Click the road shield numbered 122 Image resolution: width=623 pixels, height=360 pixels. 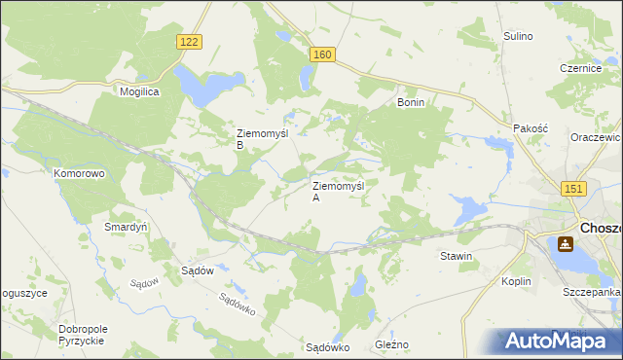click(190, 41)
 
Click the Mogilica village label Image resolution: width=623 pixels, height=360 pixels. click(139, 90)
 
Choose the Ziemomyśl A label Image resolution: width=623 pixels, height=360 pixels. click(337, 191)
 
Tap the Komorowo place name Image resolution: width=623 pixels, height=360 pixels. click(79, 173)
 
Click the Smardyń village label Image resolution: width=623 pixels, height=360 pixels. click(125, 227)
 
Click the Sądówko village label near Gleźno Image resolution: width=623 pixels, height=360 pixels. click(327, 346)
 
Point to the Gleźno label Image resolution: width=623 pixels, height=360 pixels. click(392, 345)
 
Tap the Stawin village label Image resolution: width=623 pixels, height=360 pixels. click(456, 257)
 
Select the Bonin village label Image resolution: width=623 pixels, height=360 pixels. click(410, 101)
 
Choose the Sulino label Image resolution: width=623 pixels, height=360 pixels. click(518, 36)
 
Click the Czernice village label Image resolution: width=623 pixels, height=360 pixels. click(577, 68)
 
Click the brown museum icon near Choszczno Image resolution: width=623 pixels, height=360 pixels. click(564, 244)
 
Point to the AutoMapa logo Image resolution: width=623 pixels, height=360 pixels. click(560, 341)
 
